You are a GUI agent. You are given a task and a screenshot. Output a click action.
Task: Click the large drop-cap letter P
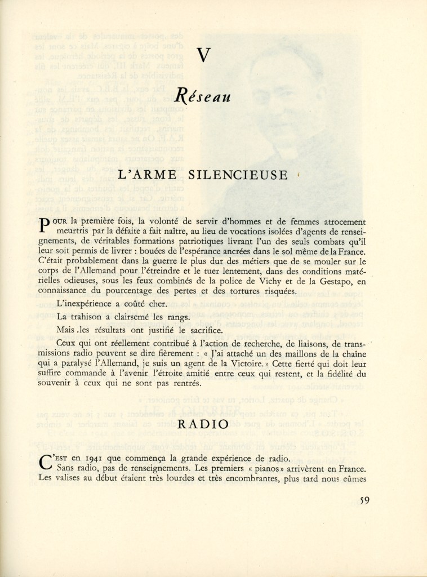click(47, 225)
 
